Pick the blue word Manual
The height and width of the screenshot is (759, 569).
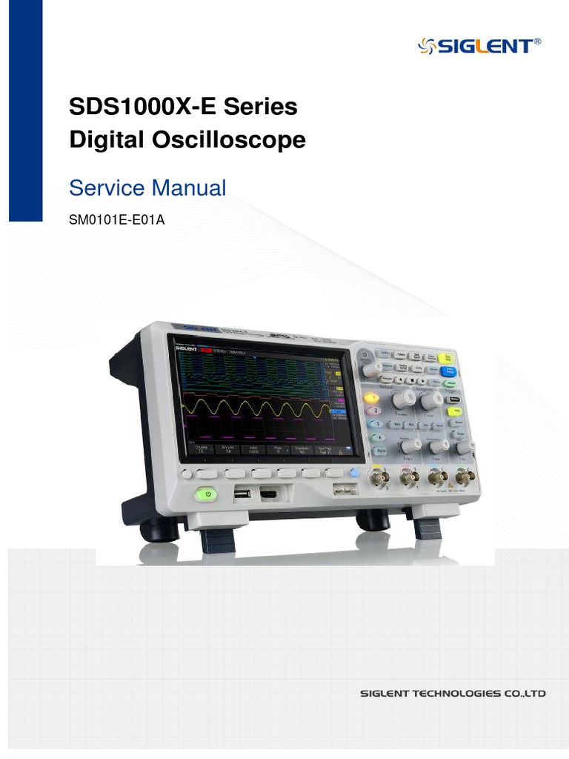coord(188,188)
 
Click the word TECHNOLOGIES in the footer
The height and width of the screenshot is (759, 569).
coord(447,694)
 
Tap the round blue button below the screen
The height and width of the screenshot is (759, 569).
coord(354,473)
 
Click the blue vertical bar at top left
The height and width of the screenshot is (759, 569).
coord(25,111)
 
